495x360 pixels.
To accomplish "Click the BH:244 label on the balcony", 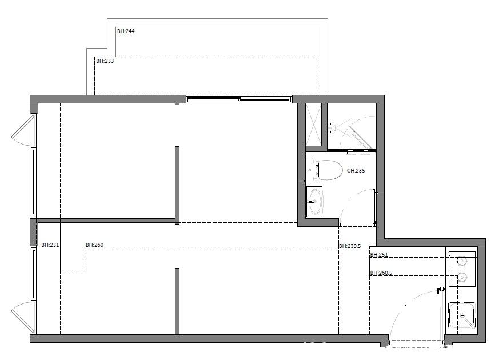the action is tap(126, 31).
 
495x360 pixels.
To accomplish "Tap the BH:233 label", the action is tap(105, 61).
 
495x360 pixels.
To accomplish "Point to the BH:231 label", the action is tap(50, 245).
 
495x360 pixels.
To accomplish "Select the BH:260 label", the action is tap(94, 245).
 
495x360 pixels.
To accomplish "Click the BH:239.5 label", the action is tap(350, 246).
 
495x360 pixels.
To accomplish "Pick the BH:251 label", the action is tap(379, 255).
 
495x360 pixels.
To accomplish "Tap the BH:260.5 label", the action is tap(381, 273).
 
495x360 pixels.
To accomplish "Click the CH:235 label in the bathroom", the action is tap(356, 171).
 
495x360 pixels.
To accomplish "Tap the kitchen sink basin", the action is tap(462, 315).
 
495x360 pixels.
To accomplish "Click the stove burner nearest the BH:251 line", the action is tap(462, 261).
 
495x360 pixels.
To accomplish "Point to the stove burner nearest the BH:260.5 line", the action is tap(462, 277).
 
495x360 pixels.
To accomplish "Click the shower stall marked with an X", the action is tap(313, 125).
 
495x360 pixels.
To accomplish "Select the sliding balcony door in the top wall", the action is tap(239, 99).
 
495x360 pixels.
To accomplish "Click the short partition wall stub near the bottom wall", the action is tap(177, 301).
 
